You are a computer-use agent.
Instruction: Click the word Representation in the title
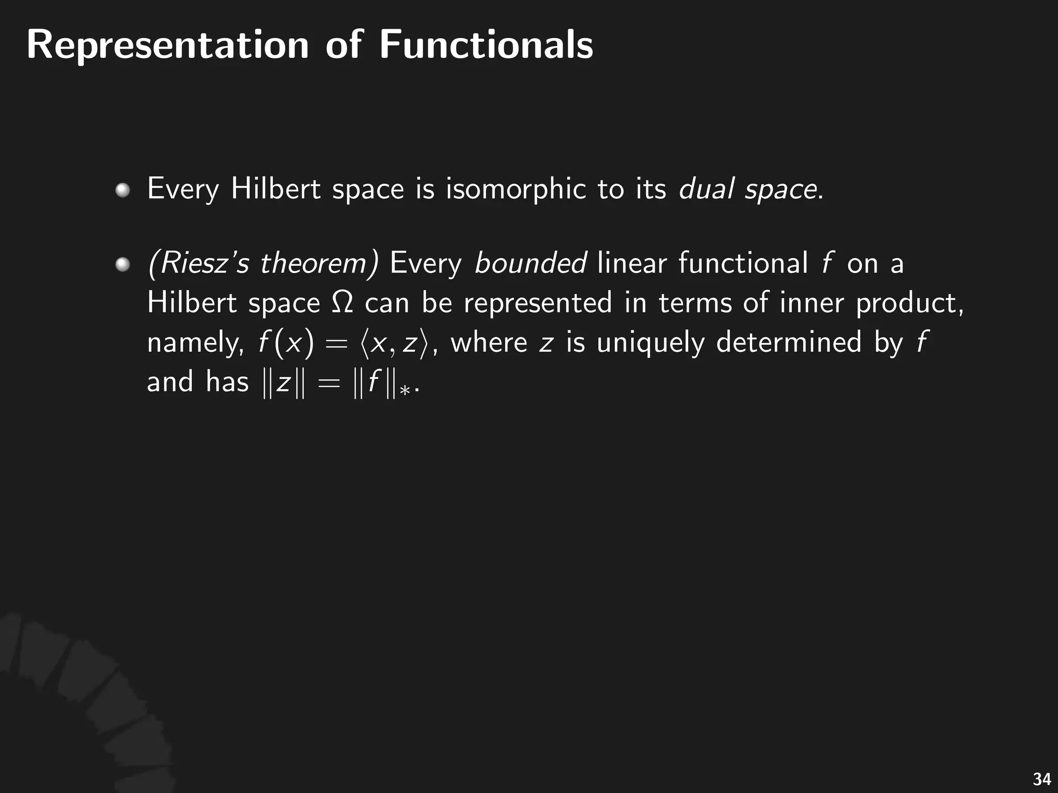(168, 45)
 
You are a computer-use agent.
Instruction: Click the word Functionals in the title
(486, 45)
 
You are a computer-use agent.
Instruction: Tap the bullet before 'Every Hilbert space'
(122, 191)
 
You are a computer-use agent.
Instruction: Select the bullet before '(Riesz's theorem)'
(122, 265)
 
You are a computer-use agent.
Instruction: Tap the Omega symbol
(342, 303)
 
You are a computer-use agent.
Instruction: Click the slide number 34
(1041, 779)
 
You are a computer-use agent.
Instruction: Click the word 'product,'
(910, 303)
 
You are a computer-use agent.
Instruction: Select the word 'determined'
(789, 342)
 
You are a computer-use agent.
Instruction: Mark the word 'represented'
(538, 303)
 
